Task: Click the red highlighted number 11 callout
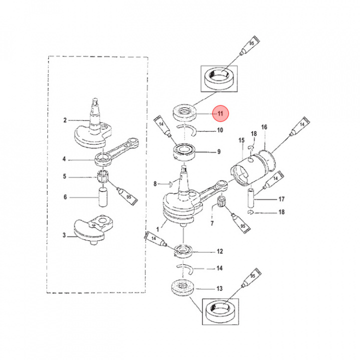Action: (219, 114)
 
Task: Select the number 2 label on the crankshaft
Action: (65, 120)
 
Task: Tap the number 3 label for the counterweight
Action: (65, 235)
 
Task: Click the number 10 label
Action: (219, 131)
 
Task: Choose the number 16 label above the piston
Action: (264, 127)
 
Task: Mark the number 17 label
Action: (281, 199)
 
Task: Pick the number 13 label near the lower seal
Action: (219, 288)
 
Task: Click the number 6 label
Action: (65, 197)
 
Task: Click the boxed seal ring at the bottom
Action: (219, 312)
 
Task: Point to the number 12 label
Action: (219, 251)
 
